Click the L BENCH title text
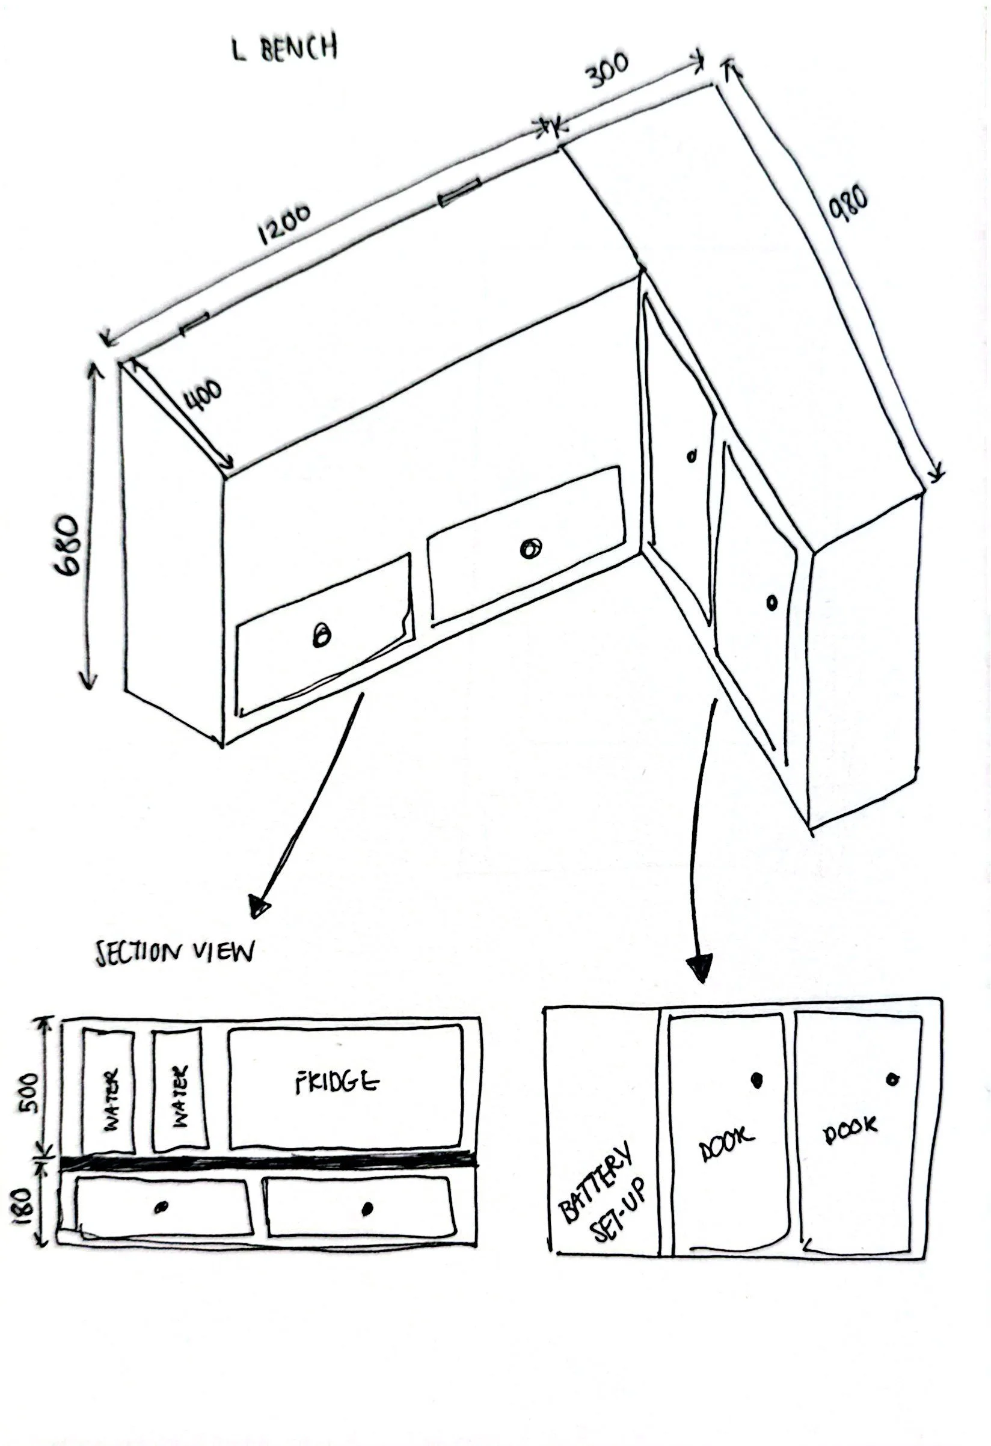click(x=286, y=49)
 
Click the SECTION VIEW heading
click(x=175, y=952)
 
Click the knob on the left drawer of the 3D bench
click(x=321, y=635)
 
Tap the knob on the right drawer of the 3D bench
click(x=530, y=549)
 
